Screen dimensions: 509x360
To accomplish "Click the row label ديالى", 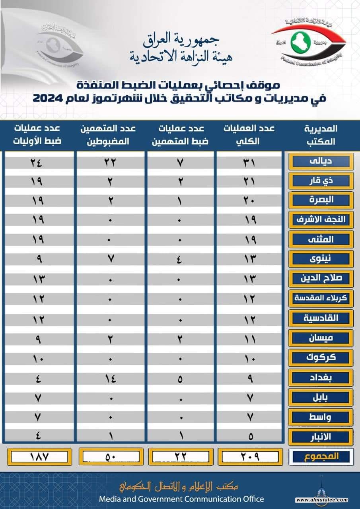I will tap(321, 162).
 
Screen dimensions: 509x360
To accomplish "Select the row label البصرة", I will tap(321, 200).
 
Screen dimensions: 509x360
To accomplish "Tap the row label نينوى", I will tap(321, 258).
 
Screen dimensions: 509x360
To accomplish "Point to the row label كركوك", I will tap(321, 357).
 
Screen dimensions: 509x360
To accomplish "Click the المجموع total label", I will tap(321, 456).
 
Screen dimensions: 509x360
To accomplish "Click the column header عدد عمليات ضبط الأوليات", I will tap(38, 134).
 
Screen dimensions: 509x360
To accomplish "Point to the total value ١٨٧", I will tap(39, 456).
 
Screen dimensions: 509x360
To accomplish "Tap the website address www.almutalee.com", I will tap(326, 500).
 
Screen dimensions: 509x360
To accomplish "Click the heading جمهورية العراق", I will tap(181, 39).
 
